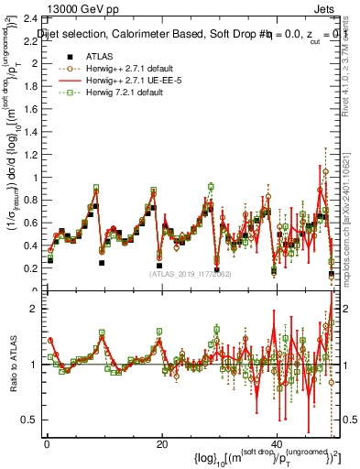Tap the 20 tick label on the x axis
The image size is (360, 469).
click(x=161, y=442)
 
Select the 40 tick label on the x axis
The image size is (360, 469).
click(x=278, y=442)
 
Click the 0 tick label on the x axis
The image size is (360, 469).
click(x=46, y=442)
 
